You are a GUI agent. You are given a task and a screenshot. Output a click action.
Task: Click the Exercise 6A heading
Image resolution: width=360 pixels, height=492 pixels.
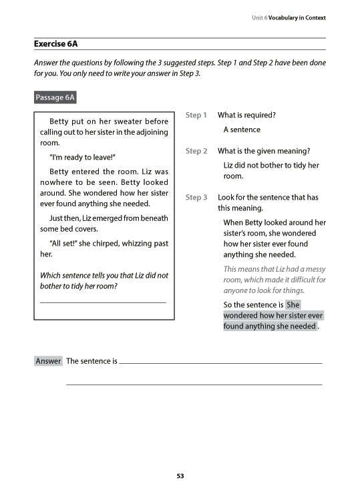tap(55, 44)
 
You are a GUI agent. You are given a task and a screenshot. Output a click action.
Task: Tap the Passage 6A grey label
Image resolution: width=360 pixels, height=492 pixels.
tap(55, 98)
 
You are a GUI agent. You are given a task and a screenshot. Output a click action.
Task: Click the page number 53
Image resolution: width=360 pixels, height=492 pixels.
tap(180, 476)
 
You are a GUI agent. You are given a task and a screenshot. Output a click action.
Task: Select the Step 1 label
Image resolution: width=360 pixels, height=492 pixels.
tap(196, 115)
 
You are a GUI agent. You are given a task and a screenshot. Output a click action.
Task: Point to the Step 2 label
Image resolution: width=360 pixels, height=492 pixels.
tap(196, 151)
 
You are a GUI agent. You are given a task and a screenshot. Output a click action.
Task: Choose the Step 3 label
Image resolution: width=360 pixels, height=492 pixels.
tap(196, 198)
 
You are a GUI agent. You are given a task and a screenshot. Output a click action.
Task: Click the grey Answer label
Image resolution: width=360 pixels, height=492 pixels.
tap(48, 361)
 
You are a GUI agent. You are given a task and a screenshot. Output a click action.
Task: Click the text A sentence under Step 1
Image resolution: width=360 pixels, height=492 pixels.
tap(242, 130)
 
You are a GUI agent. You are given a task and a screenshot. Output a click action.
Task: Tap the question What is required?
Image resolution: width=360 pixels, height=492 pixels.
tap(246, 115)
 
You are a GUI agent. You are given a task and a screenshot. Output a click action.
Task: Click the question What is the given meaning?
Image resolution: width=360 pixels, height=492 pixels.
tap(264, 151)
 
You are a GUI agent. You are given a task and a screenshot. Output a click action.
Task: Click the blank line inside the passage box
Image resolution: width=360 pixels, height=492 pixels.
tap(104, 303)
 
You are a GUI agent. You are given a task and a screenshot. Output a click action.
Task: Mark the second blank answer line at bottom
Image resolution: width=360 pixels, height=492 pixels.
tap(194, 385)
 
